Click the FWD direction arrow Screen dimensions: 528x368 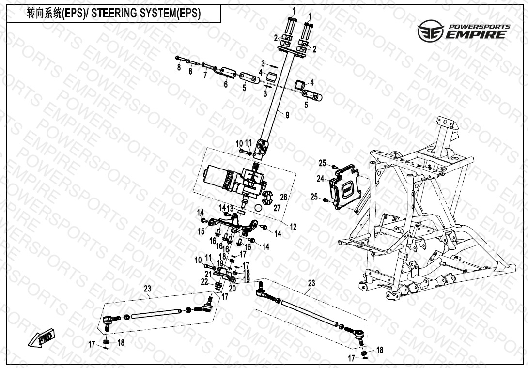[41, 337]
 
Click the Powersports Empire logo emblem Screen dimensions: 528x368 [430, 31]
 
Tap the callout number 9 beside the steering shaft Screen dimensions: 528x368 [287, 115]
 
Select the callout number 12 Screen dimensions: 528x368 [293, 227]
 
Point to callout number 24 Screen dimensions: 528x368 [320, 179]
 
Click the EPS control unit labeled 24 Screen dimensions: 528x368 [345, 187]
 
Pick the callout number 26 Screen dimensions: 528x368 [284, 197]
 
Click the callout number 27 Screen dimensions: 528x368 [277, 208]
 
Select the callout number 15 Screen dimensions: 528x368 [202, 231]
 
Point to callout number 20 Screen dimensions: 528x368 [233, 289]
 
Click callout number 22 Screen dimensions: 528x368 [204, 282]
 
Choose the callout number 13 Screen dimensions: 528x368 [230, 208]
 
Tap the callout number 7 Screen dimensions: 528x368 [205, 75]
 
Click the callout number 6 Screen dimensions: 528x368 [226, 84]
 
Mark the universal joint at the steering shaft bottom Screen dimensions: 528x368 [262, 149]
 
